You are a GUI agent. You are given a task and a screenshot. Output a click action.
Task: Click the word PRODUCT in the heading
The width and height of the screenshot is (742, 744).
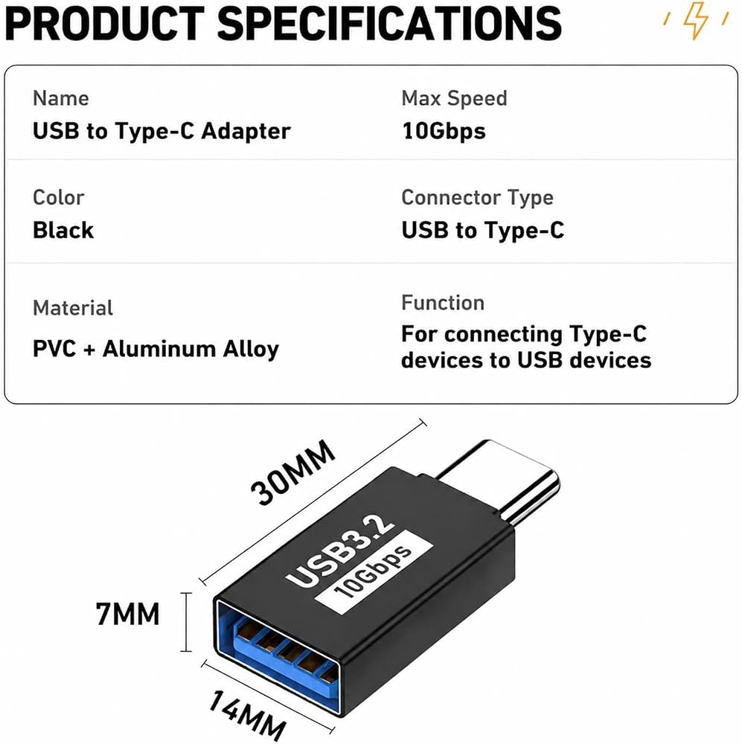click(104, 23)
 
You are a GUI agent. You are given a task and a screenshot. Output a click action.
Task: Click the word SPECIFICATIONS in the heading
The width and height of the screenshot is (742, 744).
click(389, 23)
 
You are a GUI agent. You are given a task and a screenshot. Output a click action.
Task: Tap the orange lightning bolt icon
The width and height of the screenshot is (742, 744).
click(696, 19)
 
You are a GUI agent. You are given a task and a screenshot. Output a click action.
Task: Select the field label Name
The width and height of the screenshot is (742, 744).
click(61, 98)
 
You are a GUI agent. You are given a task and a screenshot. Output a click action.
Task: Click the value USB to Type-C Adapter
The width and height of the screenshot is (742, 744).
click(161, 131)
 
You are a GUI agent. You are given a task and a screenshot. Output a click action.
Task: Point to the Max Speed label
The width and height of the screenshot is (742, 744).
click(454, 99)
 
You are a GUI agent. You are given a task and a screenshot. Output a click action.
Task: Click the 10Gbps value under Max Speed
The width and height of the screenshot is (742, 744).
click(444, 132)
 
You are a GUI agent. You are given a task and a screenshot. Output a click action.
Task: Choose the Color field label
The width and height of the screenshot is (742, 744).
click(58, 197)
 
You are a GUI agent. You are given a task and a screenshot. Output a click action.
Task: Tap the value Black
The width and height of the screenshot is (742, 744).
click(63, 230)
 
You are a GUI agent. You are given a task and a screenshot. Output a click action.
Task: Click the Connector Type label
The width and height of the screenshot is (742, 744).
click(478, 198)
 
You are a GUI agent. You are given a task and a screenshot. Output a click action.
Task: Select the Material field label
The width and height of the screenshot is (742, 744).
click(73, 308)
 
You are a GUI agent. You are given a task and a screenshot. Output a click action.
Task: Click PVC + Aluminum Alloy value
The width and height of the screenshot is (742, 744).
click(156, 349)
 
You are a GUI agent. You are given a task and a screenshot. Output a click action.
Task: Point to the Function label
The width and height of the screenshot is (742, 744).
click(443, 303)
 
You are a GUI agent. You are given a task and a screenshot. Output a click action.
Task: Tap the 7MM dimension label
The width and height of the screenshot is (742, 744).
click(128, 614)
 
